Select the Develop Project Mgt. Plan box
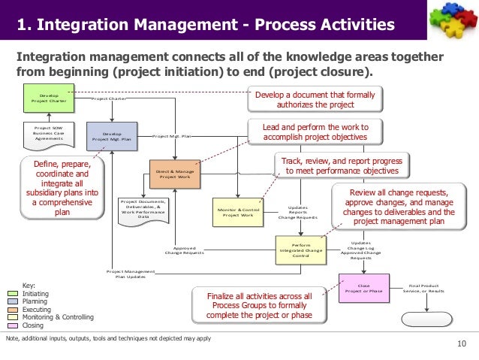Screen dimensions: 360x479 pyautogui.click(x=107, y=136)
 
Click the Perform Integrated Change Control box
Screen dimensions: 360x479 pyautogui.click(x=300, y=250)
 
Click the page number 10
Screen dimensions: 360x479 pyautogui.click(x=461, y=345)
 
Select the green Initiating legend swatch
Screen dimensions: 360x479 pyautogui.click(x=13, y=294)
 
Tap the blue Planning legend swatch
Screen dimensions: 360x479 pyautogui.click(x=13, y=301)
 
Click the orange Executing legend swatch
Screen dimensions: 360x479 pyautogui.click(x=13, y=310)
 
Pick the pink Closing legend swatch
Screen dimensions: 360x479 pyautogui.click(x=13, y=326)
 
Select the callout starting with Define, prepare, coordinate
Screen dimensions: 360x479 pyautogui.click(x=62, y=186)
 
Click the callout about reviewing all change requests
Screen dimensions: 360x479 pyautogui.click(x=402, y=207)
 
